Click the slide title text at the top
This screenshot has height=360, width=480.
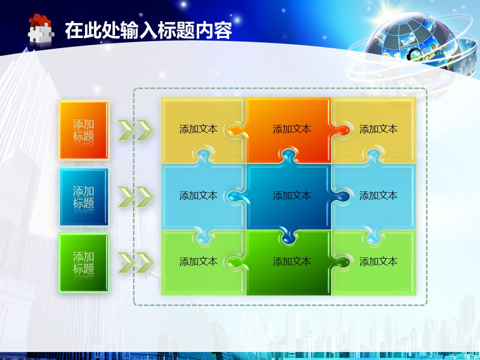point(148,30)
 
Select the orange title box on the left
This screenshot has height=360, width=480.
point(84,130)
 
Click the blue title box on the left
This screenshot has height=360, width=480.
point(84,197)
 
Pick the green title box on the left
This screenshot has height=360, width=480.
point(84,262)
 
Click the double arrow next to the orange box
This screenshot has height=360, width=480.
point(136,130)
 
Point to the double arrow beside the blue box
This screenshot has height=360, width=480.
point(136,196)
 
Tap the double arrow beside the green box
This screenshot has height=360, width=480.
point(136,262)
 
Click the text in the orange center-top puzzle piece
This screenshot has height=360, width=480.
point(291,129)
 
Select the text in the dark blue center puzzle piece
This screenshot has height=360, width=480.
point(291,195)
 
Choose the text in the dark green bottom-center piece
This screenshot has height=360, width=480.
point(291,261)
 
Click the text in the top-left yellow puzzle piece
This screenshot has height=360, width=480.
point(198,129)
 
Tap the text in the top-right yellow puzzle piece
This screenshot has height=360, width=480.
point(378,129)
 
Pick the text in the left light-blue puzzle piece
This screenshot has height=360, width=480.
point(198,195)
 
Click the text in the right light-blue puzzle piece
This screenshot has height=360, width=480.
point(378,195)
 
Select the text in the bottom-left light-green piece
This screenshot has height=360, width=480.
point(198,261)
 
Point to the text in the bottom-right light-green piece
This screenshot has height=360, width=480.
point(378,261)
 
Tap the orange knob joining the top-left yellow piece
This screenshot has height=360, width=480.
point(235,130)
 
